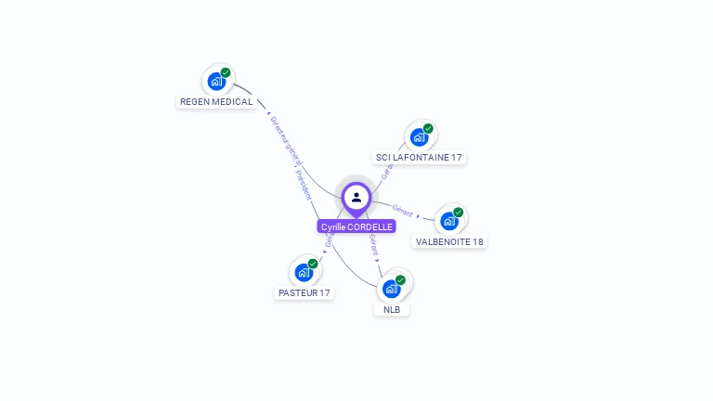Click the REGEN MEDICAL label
[x=216, y=101]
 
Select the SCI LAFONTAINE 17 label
[x=418, y=157]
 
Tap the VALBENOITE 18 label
[x=449, y=241]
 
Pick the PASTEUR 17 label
[x=304, y=292]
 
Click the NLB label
[x=392, y=309]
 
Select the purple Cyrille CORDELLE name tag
[x=356, y=226]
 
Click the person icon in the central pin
[x=356, y=197]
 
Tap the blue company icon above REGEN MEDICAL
[x=215, y=81]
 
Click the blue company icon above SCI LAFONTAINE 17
[x=419, y=137]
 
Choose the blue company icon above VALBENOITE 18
[x=449, y=221]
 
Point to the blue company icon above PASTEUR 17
[x=303, y=272]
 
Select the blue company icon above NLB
[x=391, y=289]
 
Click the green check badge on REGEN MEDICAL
[x=226, y=72]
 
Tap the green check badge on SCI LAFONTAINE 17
[x=428, y=128]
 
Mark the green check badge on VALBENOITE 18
[x=459, y=213]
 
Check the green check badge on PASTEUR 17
[x=313, y=264]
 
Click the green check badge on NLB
[x=400, y=279]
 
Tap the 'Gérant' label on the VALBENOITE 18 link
[x=402, y=211]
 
